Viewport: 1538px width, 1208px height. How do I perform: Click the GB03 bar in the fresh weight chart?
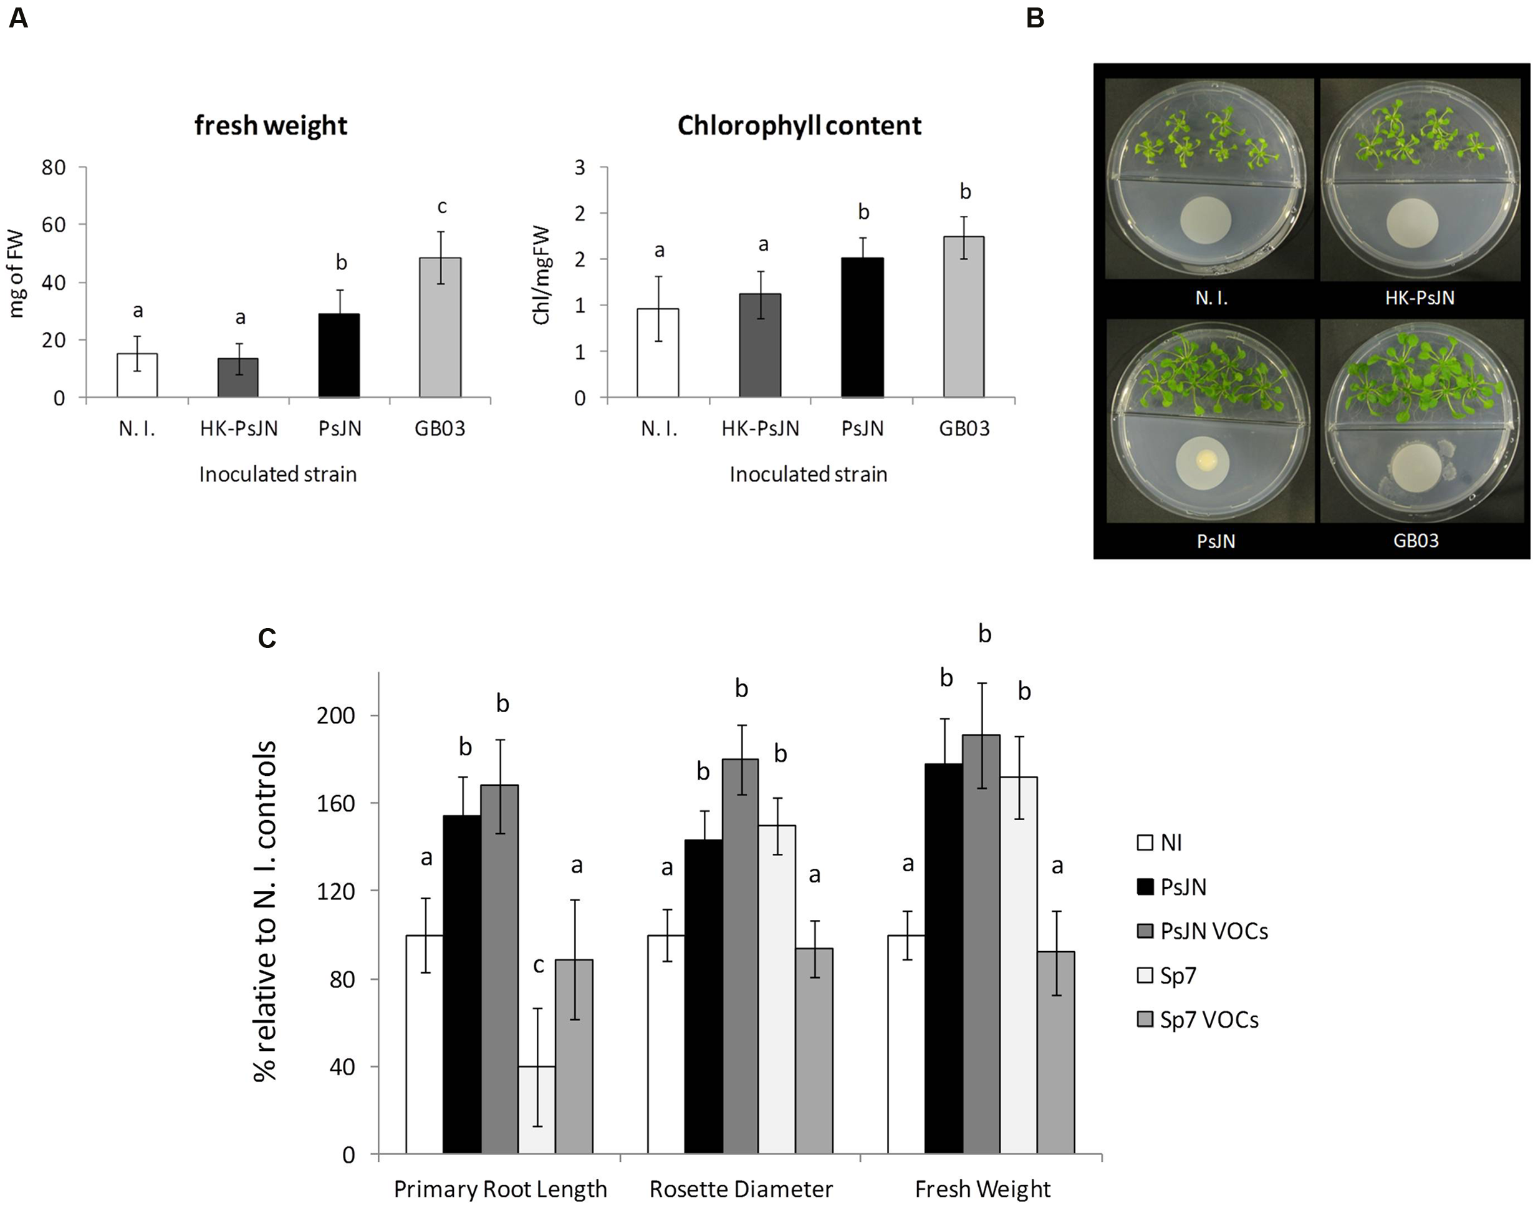(x=440, y=327)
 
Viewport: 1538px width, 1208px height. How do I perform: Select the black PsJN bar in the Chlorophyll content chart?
(x=862, y=327)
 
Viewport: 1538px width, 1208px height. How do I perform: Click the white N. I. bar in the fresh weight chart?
(x=137, y=375)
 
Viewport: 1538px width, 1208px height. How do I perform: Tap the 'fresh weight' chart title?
(x=271, y=125)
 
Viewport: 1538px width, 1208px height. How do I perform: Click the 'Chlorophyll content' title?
(x=799, y=125)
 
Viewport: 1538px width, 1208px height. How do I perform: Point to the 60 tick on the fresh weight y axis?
(x=54, y=225)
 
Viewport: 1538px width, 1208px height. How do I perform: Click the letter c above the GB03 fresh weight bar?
(x=442, y=206)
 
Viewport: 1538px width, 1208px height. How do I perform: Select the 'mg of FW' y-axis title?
(x=16, y=274)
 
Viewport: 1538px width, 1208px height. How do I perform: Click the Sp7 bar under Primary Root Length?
(x=537, y=1109)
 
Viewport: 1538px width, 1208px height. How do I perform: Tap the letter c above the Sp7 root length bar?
(x=539, y=965)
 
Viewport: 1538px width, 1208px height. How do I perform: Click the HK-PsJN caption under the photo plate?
(x=1419, y=297)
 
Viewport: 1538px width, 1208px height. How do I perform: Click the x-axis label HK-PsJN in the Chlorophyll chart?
(x=760, y=428)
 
